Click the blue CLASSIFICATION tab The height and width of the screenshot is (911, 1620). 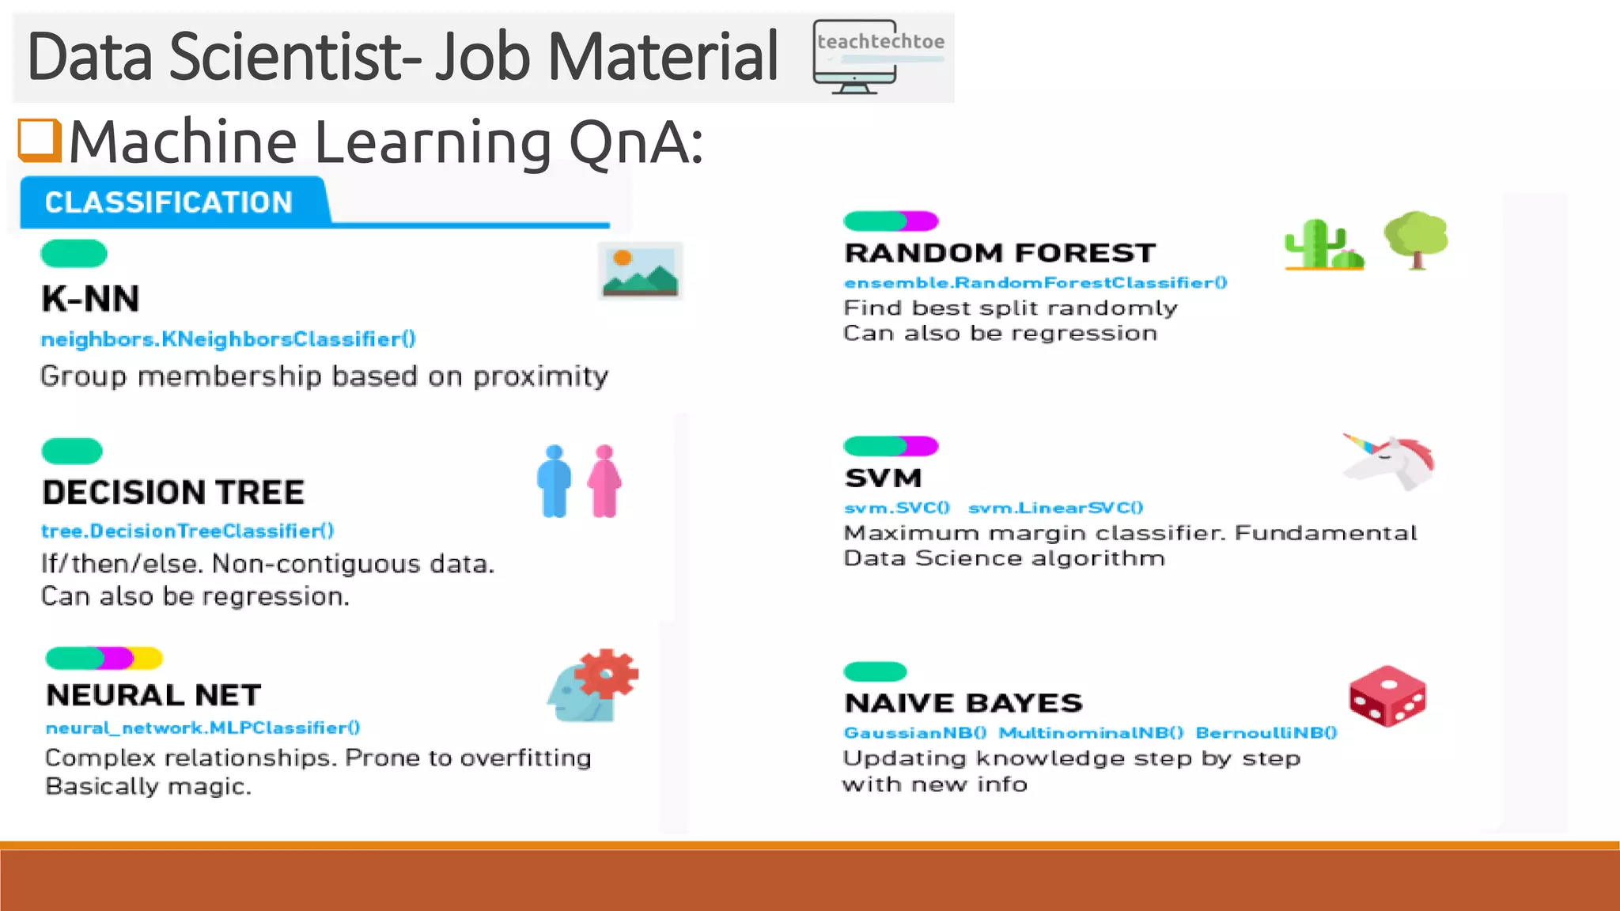(169, 202)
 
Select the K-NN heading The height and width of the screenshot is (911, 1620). (90, 299)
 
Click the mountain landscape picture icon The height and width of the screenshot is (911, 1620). (640, 271)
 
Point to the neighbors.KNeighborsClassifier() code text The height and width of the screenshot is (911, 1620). (228, 339)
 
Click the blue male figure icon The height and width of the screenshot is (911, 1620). (554, 481)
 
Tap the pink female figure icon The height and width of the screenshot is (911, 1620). (605, 481)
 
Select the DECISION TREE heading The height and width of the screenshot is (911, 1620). (173, 493)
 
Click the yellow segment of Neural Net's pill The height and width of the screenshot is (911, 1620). (149, 658)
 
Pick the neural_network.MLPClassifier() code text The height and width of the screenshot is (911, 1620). (202, 728)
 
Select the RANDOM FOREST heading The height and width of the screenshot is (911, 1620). (1000, 253)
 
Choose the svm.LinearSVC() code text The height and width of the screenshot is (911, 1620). (1055, 508)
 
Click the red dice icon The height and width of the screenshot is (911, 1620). (1387, 696)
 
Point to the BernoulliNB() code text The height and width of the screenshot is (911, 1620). (1266, 733)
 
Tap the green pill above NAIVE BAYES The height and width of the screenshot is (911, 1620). (875, 671)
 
